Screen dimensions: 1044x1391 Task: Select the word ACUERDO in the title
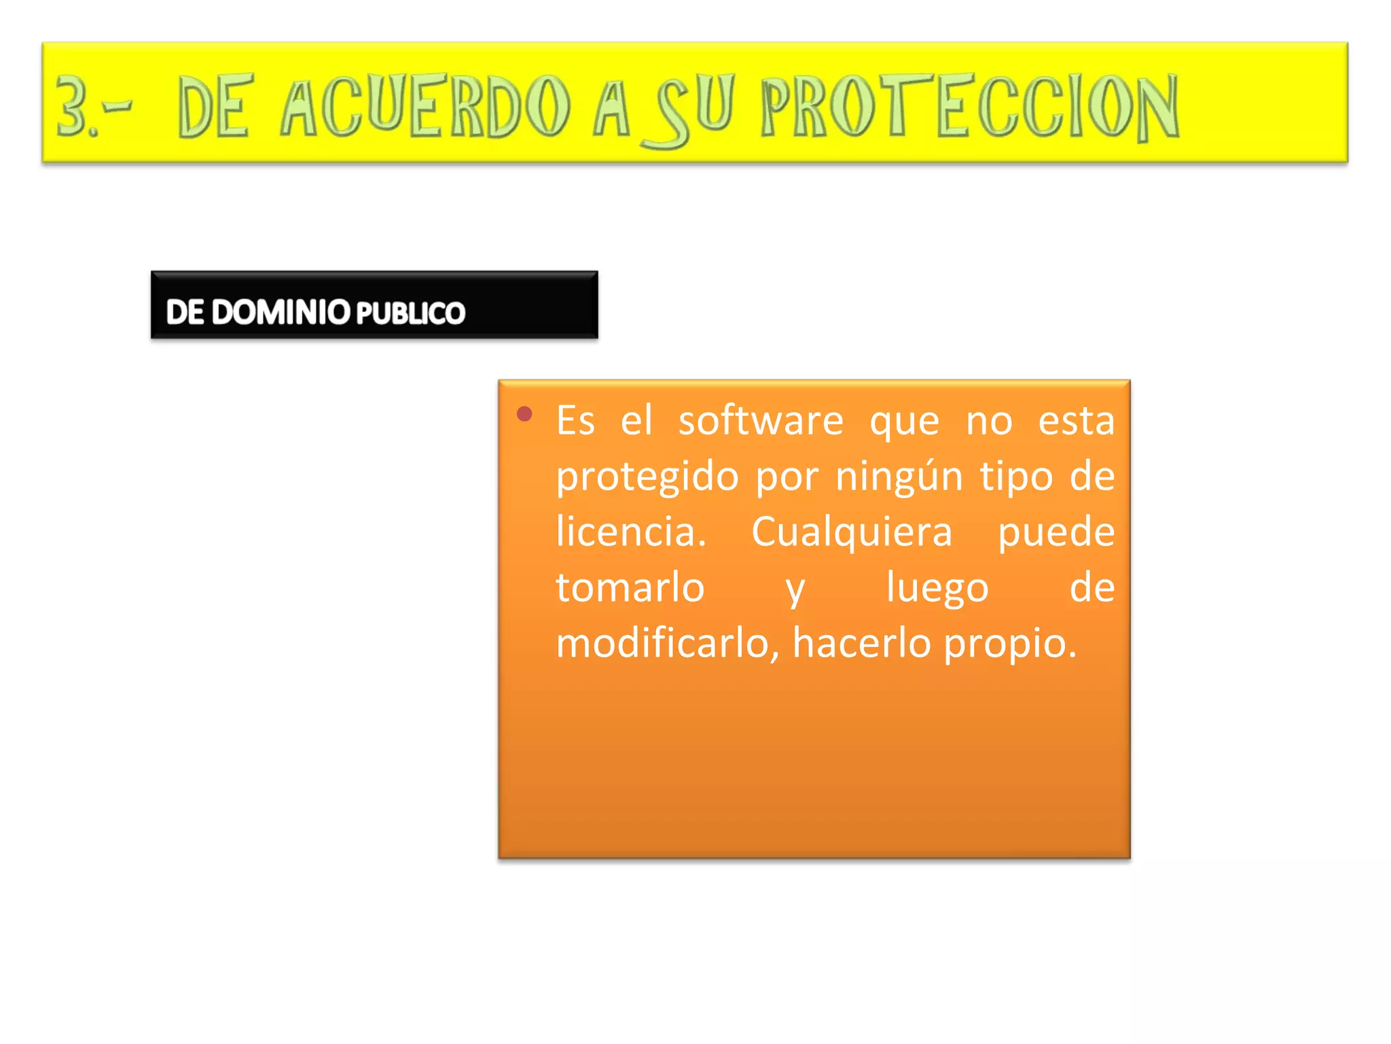point(425,105)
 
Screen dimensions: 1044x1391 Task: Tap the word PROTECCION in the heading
point(970,107)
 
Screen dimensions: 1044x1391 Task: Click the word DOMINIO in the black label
point(281,312)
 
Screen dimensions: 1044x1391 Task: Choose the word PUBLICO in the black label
point(410,313)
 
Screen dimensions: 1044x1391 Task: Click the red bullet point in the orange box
point(524,414)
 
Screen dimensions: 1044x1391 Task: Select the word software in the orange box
point(761,421)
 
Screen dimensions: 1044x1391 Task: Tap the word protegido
point(647,477)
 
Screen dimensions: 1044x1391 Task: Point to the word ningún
point(899,476)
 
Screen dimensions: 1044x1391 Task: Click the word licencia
point(631,532)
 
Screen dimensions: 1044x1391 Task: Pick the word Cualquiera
point(852,533)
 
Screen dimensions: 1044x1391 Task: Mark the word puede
point(1056,533)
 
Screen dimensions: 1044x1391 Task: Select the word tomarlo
point(630,587)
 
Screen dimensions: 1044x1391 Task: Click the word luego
point(937,589)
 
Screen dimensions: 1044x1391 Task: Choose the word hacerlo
point(861,643)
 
